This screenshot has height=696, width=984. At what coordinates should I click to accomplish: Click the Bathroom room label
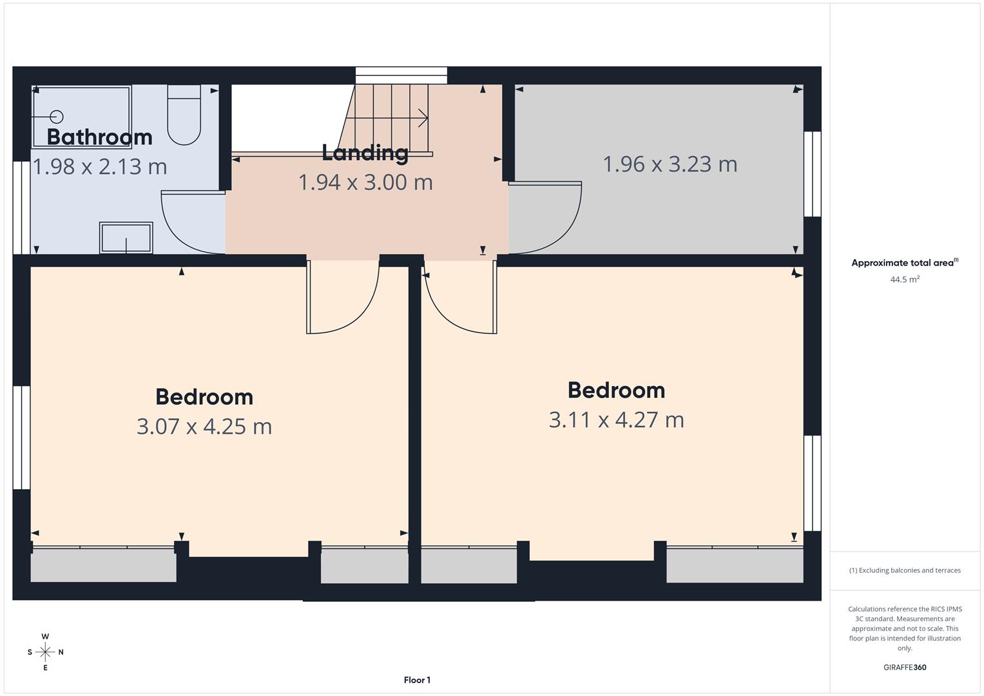[x=99, y=137]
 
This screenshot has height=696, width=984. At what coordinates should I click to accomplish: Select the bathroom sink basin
[x=126, y=238]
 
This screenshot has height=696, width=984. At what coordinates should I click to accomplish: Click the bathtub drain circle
[x=57, y=117]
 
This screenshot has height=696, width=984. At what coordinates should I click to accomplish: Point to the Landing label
[x=365, y=153]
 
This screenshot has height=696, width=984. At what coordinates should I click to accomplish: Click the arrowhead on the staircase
[x=423, y=118]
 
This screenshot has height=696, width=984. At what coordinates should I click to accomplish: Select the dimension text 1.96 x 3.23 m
[x=670, y=164]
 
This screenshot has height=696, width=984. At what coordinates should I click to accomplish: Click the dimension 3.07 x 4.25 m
[x=204, y=426]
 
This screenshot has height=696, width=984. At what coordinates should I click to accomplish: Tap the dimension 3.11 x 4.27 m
[x=616, y=420]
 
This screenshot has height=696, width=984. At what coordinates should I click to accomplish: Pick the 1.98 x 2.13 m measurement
[x=100, y=166]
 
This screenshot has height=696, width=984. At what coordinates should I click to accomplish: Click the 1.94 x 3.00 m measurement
[x=365, y=182]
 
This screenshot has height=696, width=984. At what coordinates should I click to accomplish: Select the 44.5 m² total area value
[x=904, y=280]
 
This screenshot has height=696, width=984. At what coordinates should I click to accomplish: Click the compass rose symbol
[x=45, y=652]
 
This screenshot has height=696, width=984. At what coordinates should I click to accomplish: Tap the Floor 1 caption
[x=417, y=680]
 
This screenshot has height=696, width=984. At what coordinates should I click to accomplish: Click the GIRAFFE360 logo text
[x=904, y=667]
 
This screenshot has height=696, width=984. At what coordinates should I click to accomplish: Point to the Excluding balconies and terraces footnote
[x=904, y=570]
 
